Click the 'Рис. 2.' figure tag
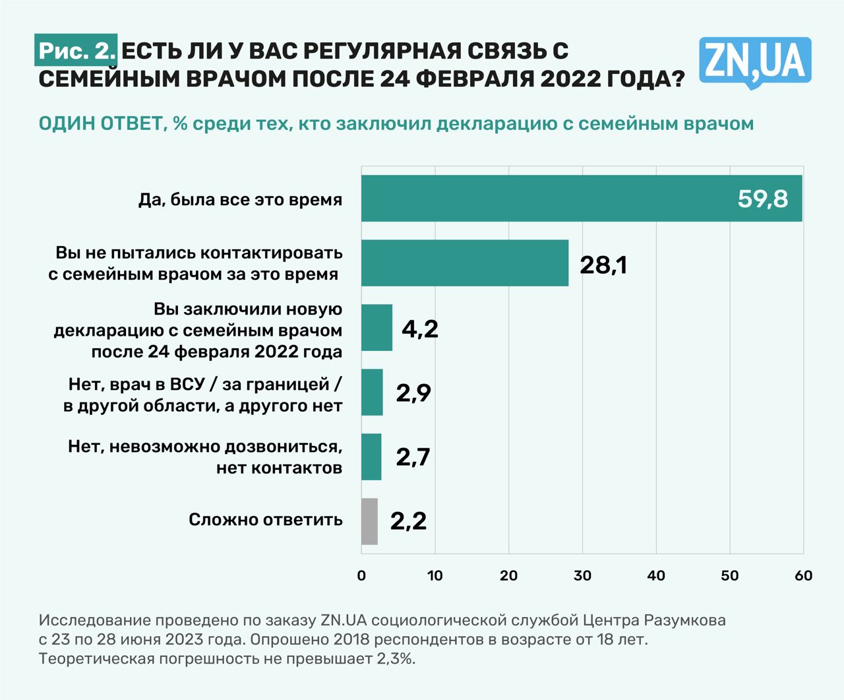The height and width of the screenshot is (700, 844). point(76,51)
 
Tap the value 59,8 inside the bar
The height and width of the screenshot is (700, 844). point(763,199)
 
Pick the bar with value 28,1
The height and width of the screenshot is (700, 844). point(465,263)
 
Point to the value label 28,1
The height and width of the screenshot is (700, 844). point(603,265)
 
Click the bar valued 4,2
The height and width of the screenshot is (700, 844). point(377,328)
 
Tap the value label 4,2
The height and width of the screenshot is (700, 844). point(420,329)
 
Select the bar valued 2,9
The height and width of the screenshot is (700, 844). point(372,393)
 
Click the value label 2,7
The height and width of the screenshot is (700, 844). point(413,457)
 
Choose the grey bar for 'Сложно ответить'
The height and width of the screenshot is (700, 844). point(369,521)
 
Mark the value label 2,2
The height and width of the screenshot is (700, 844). point(408,521)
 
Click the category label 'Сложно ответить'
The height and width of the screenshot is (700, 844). point(266,520)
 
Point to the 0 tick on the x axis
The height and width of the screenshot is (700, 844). point(361,575)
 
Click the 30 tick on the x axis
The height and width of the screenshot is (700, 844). point(582,575)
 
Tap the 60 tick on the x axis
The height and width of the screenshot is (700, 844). point(803,575)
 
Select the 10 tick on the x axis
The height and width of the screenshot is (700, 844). point(435,575)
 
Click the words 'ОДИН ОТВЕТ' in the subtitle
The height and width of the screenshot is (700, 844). point(100,123)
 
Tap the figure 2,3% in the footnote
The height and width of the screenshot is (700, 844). point(396,658)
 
